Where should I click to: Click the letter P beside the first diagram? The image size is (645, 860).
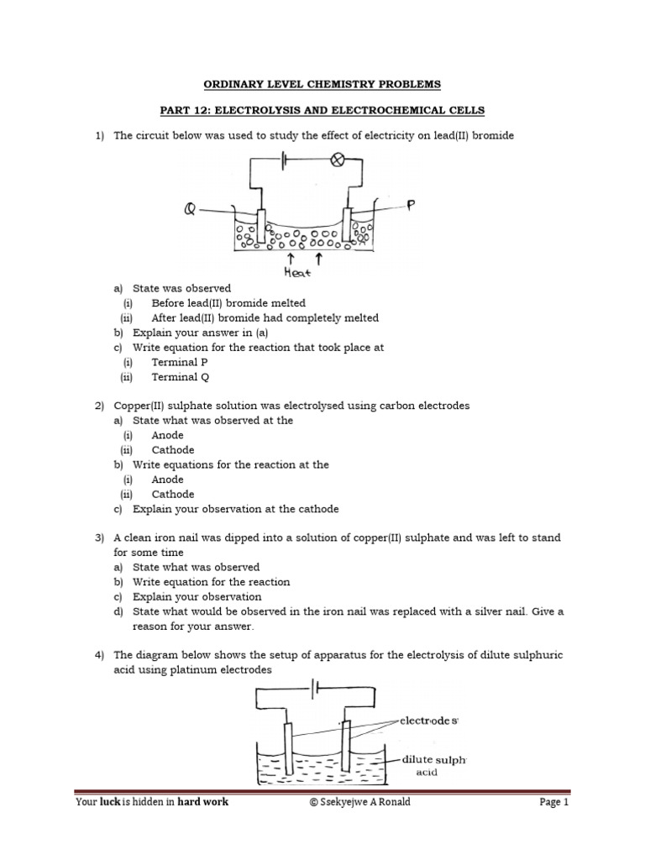[411, 204]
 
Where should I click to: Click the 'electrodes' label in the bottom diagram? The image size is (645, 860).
[428, 721]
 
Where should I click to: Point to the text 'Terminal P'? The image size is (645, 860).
[180, 362]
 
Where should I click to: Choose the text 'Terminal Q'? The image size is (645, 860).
[180, 377]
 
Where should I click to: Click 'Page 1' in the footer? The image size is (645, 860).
[554, 802]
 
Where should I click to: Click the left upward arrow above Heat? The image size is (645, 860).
[291, 257]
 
